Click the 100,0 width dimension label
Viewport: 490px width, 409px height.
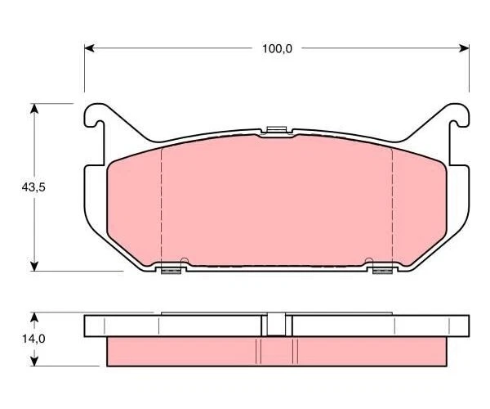coord(276,48)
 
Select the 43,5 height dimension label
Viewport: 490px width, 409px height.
coord(33,187)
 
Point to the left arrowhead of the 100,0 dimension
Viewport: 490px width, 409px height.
coord(89,48)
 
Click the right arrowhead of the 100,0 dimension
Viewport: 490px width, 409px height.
coord(465,48)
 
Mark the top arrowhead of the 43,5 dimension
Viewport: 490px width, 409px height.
coord(34,109)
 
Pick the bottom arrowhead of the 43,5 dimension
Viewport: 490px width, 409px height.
coord(34,264)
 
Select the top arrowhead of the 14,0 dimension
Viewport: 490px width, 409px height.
coord(34,316)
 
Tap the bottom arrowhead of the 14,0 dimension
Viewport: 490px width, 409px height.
coord(34,361)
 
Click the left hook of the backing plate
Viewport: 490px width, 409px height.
coord(95,119)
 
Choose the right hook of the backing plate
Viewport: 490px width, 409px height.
coord(459,119)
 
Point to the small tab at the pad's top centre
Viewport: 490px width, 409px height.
coord(276,129)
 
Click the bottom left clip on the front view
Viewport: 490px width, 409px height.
coord(170,269)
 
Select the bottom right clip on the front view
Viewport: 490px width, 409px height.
coord(382,269)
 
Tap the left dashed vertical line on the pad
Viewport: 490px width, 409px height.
coord(162,204)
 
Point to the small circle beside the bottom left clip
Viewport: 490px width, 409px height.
coord(185,262)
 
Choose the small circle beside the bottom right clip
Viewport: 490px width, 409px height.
coord(368,262)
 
